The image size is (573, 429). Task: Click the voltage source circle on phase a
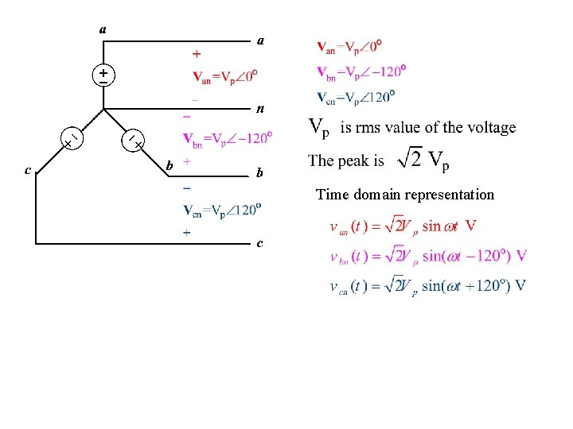coord(103,76)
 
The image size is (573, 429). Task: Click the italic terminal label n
coord(259,108)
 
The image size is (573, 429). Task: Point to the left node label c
coord(28,169)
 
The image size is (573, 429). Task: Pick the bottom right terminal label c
coord(259,242)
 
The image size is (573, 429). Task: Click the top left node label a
coord(103,29)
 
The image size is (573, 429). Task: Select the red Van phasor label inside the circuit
coord(226,77)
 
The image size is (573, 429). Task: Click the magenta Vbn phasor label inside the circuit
coord(229,138)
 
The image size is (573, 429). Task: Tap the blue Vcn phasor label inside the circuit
coord(223,211)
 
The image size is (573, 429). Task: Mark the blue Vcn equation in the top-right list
coord(356,97)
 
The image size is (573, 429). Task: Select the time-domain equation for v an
coord(403,226)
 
